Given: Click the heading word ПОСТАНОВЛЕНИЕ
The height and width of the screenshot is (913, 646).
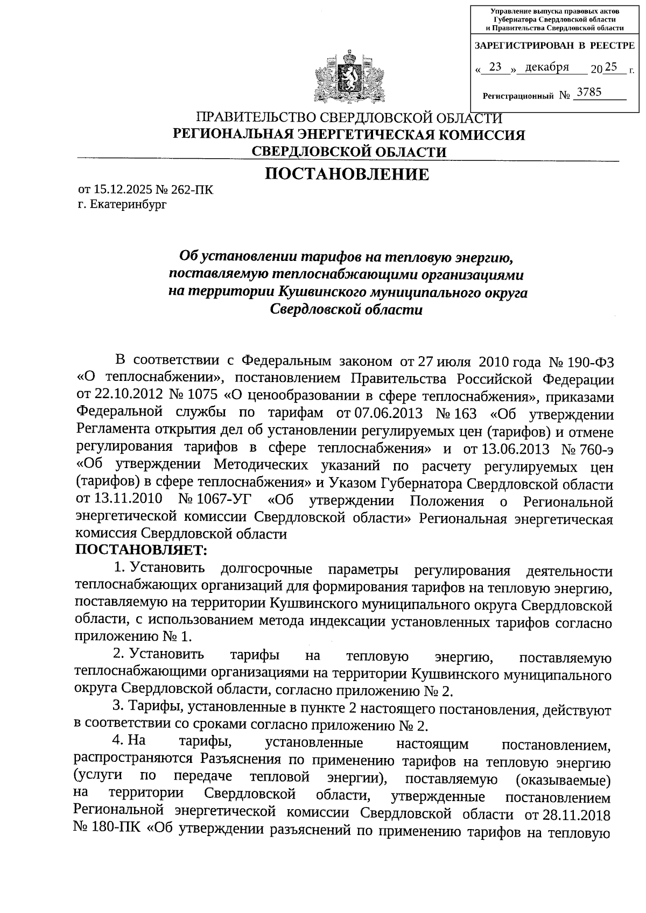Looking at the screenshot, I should pos(348,174).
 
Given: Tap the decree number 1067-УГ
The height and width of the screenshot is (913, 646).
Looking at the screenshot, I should pos(224,501).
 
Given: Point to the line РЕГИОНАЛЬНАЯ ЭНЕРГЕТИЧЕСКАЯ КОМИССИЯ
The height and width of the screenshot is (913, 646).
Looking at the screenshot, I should pos(348,135).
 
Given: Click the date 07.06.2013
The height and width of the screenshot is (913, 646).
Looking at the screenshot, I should pos(382,413).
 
